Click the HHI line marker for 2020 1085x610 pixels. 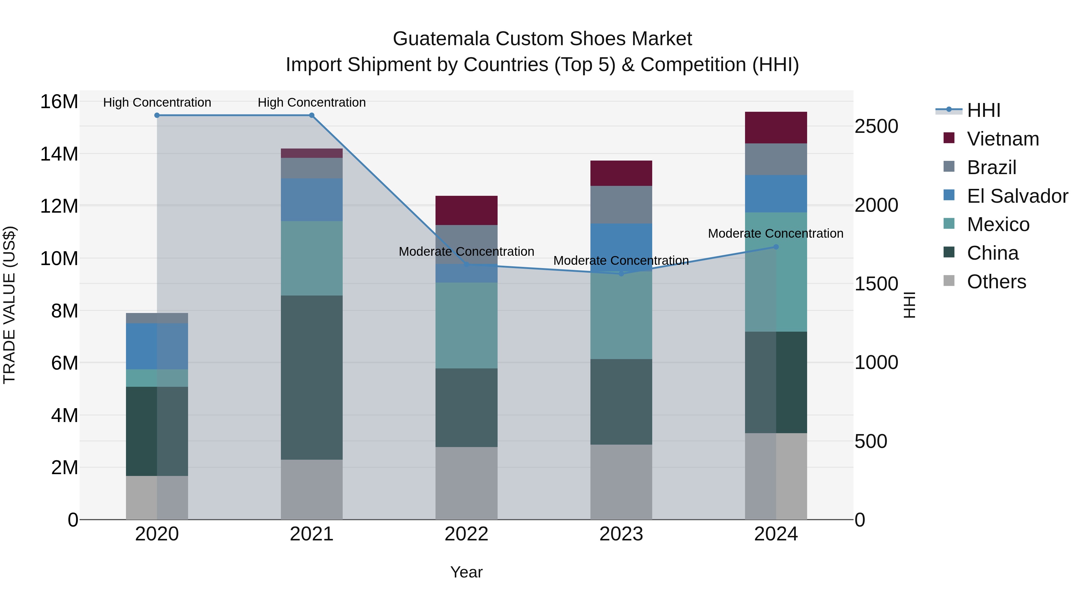157,115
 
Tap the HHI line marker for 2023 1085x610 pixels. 621,274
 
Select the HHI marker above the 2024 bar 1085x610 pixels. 776,247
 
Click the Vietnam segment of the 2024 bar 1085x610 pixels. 776,127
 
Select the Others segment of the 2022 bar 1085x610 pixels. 466,483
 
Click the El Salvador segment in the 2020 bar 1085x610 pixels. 157,346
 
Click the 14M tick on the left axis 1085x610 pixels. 59,154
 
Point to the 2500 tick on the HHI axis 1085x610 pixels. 876,126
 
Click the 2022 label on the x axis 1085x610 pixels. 466,534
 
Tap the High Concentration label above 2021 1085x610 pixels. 312,102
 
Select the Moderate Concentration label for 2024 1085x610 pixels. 775,233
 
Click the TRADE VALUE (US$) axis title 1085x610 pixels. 9,305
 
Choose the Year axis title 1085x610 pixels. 466,572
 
